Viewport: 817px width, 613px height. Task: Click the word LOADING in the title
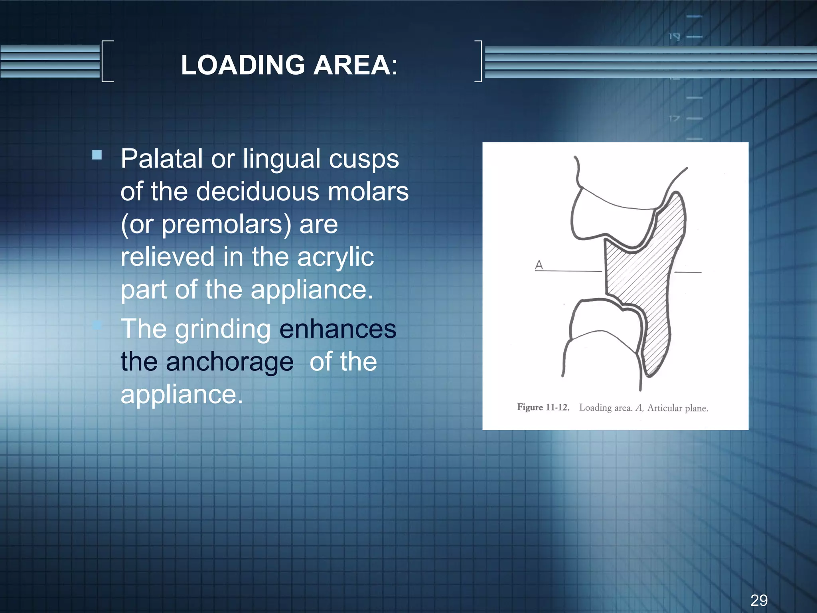coord(243,65)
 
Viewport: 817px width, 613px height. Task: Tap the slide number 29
coord(759,600)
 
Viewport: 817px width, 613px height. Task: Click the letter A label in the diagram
coord(539,265)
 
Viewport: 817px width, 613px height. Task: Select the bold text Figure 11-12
coord(543,407)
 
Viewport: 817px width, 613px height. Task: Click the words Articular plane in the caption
coord(677,408)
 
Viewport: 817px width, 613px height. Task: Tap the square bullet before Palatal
coord(97,155)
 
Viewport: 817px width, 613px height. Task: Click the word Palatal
coord(162,159)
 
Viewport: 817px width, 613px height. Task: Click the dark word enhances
coord(337,329)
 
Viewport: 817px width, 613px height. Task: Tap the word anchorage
coord(229,362)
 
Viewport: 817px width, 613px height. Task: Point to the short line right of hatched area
coord(688,272)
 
